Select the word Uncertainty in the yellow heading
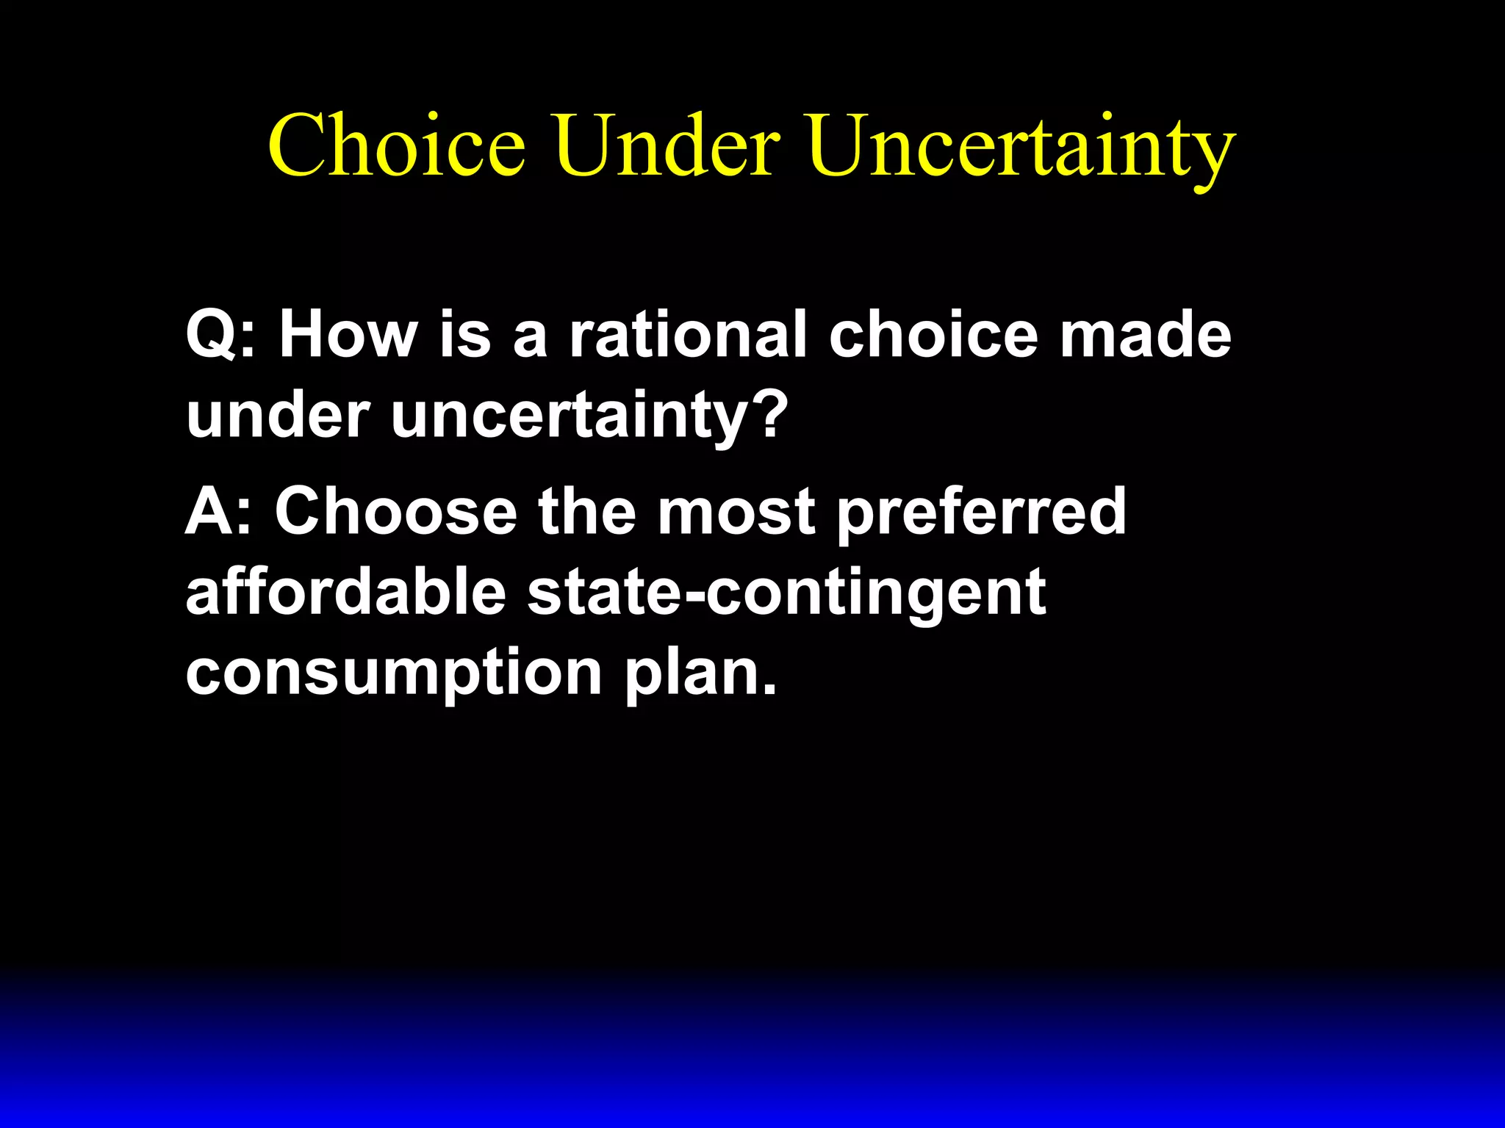(x=1021, y=147)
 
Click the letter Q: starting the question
(x=220, y=335)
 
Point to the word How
(x=348, y=335)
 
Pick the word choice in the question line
(x=933, y=335)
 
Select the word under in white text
(x=278, y=415)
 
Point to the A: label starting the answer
(x=218, y=511)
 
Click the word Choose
(x=396, y=511)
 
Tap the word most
(x=736, y=511)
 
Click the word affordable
(x=346, y=592)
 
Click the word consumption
(x=394, y=674)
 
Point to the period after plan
(x=769, y=690)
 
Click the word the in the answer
(x=587, y=511)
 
